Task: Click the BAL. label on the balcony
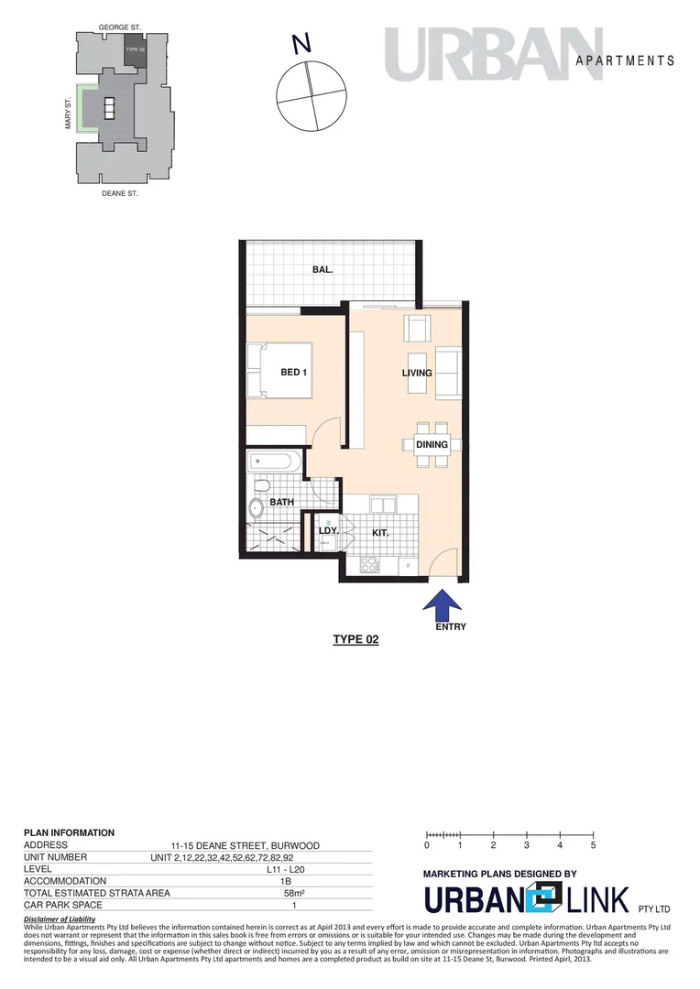click(322, 270)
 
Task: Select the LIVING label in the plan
click(417, 373)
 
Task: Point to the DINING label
click(432, 445)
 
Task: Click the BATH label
click(280, 503)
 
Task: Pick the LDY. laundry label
click(328, 531)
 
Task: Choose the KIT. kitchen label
click(381, 532)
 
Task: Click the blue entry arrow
click(443, 604)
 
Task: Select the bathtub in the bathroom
click(274, 461)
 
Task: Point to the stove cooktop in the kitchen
click(370, 564)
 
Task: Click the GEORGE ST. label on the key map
click(118, 29)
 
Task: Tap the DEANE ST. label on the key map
click(119, 193)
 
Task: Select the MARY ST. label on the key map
click(69, 115)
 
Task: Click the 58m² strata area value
click(294, 893)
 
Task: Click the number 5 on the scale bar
click(593, 845)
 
